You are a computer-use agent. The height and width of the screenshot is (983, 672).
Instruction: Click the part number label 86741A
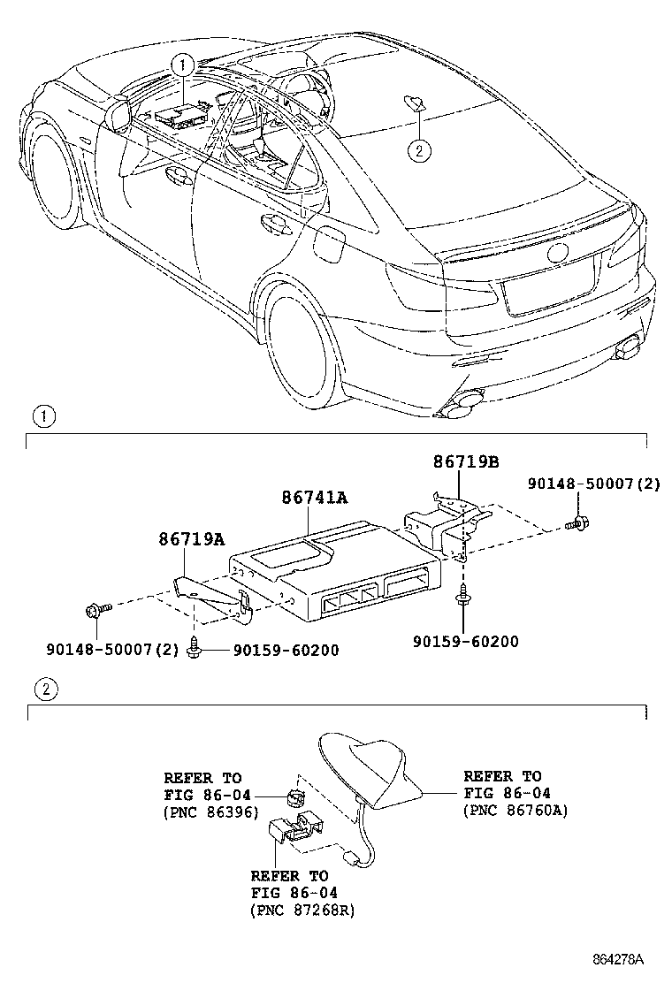coord(315,498)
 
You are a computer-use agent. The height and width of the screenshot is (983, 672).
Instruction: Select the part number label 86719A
coord(191,538)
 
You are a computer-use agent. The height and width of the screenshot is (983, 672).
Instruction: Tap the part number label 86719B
coord(466,462)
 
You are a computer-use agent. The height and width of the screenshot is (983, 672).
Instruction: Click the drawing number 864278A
coord(619,959)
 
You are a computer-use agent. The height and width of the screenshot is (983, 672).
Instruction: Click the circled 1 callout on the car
coord(182,64)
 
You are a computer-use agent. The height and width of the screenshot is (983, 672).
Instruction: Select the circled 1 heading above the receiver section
coord(45,416)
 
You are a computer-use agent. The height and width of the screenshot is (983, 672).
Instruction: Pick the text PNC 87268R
coord(302,911)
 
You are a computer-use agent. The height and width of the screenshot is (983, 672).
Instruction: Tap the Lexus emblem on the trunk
coord(557,253)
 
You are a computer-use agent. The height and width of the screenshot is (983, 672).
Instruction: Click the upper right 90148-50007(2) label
coord(593,484)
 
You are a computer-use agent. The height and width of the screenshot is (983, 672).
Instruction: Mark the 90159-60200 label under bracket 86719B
coord(466,641)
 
